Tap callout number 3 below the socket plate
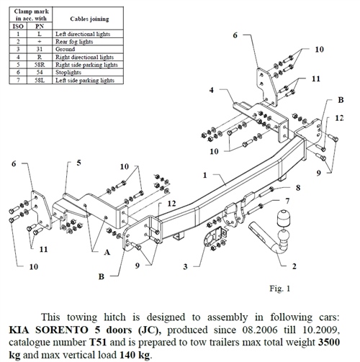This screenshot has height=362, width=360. tap(185, 266)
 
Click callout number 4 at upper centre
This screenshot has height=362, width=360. tap(212, 90)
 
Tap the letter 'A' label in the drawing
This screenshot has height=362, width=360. tap(107, 252)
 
